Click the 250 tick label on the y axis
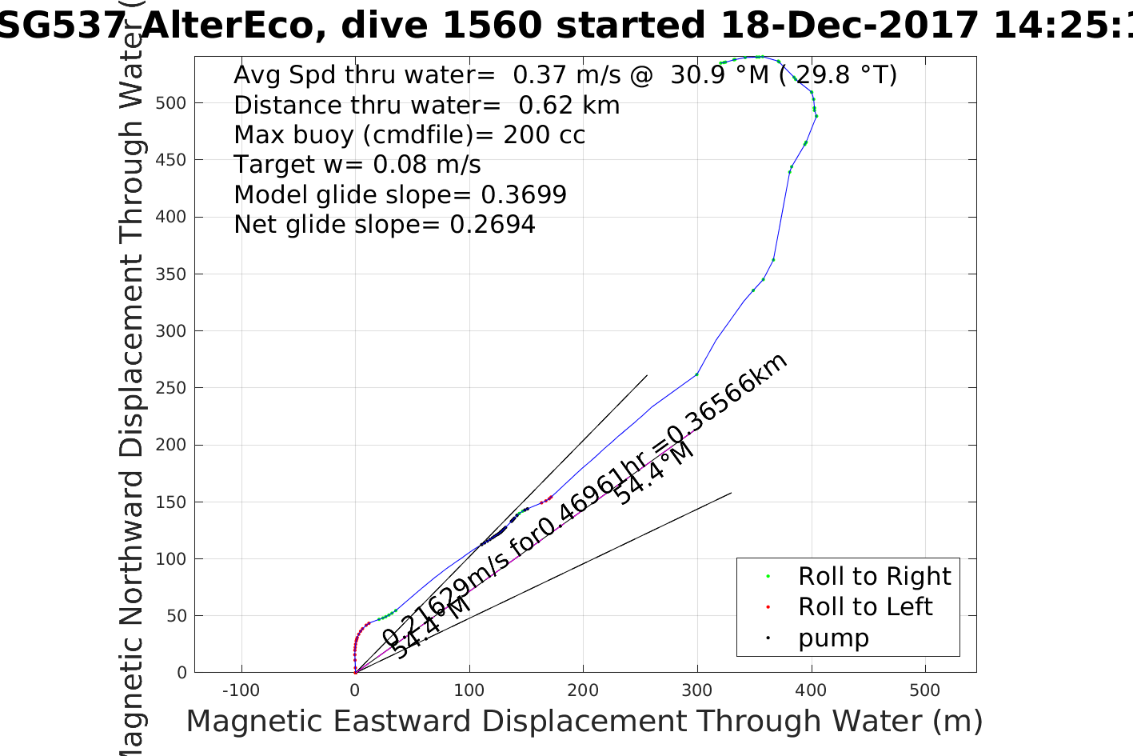pos(170,388)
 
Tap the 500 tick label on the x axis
pos(925,690)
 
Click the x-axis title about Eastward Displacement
pos(584,722)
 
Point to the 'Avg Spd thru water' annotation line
pos(565,74)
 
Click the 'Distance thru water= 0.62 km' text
pos(426,105)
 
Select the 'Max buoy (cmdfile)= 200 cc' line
pos(409,134)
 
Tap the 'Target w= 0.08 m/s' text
pos(357,165)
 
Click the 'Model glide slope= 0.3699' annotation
pos(400,194)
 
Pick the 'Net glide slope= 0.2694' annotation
pos(385,225)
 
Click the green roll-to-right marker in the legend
pos(768,576)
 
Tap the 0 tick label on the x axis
pos(355,690)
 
